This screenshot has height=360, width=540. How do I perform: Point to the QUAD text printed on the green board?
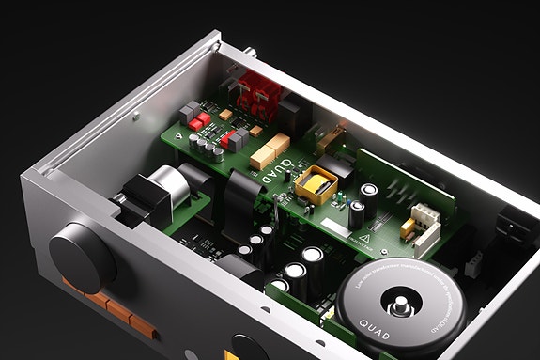272,172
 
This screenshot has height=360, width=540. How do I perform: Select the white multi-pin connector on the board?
428,218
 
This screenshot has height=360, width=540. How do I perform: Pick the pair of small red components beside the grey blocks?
198,122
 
